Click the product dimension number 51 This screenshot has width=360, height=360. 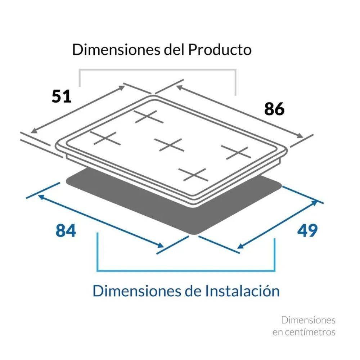point(61,96)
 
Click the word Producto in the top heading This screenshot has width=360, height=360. point(220,50)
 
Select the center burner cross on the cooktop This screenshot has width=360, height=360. point(169,145)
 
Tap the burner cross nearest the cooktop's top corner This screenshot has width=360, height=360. point(149,117)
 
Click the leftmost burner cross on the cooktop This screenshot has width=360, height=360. point(105,138)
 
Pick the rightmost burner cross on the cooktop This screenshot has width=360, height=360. point(236,153)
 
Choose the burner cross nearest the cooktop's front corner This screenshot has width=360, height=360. point(193,175)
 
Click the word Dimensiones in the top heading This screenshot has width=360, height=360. point(116,50)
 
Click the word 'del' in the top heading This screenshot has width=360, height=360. point(174,50)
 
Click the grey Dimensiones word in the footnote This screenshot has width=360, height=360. point(309,320)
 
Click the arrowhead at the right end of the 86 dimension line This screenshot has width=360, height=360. point(300,136)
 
